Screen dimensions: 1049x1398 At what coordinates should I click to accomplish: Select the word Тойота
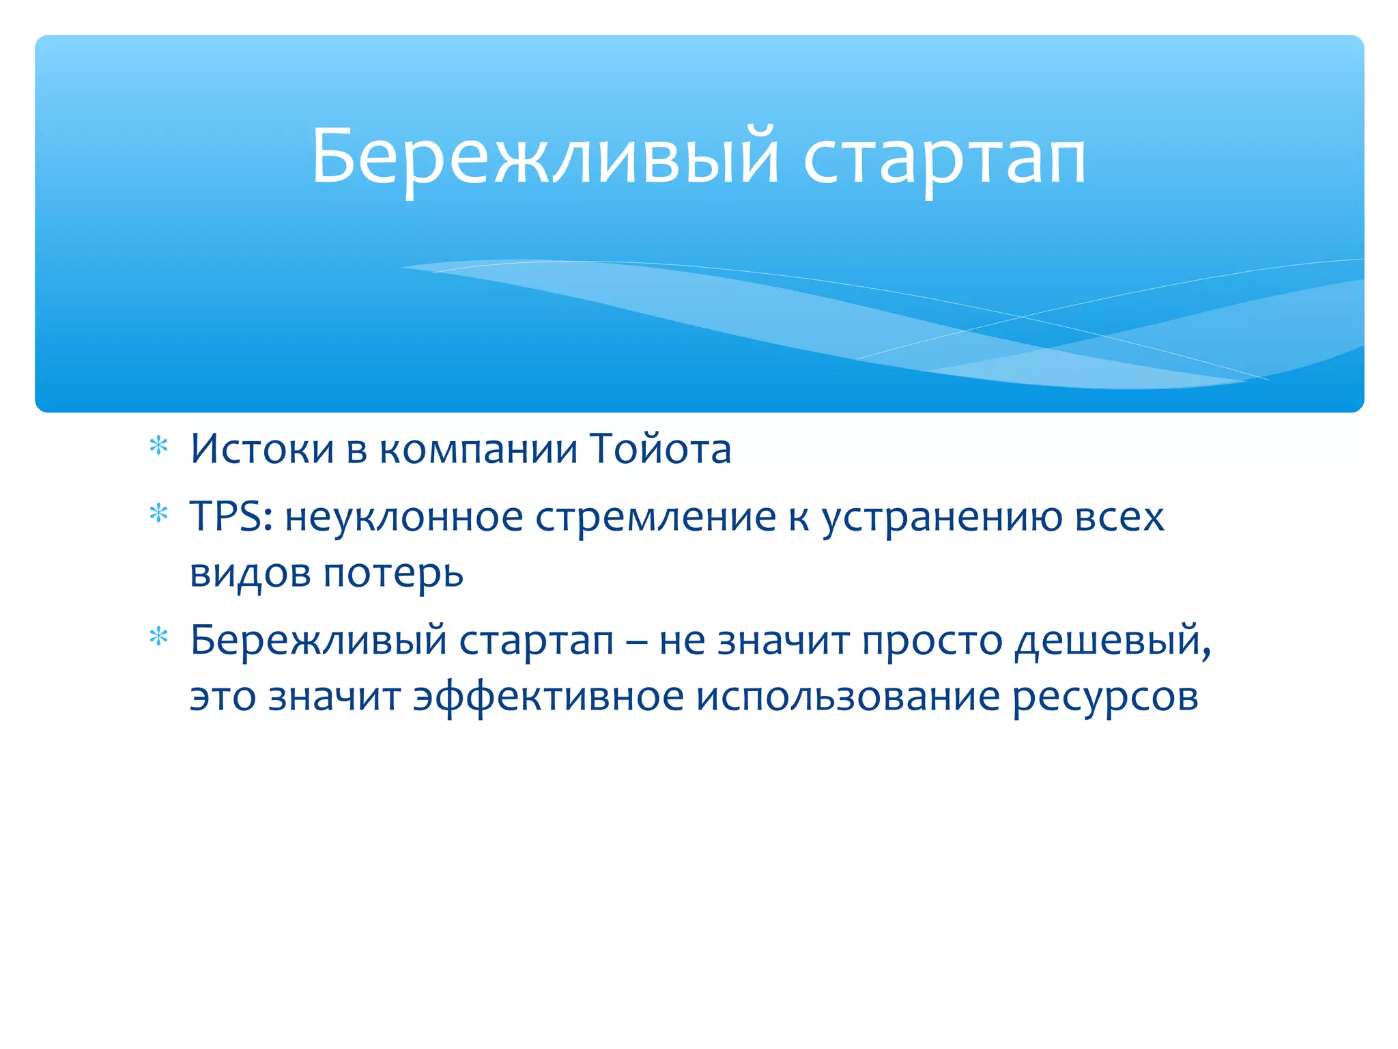[661, 449]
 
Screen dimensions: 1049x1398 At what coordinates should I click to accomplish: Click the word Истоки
[262, 449]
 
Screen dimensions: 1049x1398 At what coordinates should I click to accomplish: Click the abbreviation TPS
[231, 516]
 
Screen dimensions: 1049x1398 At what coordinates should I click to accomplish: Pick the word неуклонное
[403, 518]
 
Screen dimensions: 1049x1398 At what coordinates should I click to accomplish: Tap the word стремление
[655, 518]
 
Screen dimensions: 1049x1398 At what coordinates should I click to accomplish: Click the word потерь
[393, 574]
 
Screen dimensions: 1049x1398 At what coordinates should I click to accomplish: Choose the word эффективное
[548, 698]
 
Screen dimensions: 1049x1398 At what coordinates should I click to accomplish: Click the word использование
[847, 698]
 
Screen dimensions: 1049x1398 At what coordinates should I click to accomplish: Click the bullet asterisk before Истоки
[159, 447]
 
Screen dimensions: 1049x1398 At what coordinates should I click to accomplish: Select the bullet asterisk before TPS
[159, 513]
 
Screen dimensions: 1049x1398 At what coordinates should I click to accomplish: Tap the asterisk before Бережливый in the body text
[159, 637]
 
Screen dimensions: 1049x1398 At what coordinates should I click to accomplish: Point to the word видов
[250, 574]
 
